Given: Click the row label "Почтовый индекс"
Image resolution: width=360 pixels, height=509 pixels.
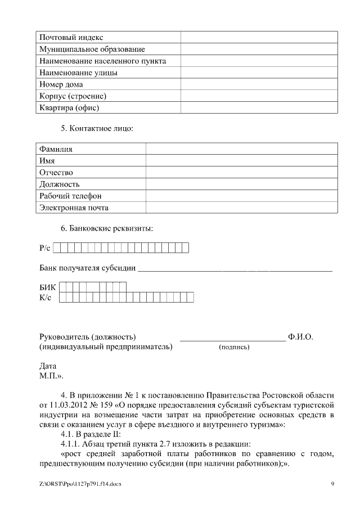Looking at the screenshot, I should [x=71, y=38].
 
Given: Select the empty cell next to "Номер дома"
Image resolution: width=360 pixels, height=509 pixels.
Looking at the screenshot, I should [x=259, y=84].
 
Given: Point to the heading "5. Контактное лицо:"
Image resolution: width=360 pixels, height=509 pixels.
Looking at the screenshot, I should [x=97, y=129].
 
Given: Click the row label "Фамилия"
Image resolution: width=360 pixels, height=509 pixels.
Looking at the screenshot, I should [x=56, y=149].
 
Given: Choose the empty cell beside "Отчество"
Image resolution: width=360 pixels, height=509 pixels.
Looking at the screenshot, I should [x=242, y=173].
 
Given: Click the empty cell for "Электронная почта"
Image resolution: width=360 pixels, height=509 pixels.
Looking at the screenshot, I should [x=242, y=208].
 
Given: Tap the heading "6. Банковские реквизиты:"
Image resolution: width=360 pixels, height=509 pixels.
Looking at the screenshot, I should [x=107, y=228].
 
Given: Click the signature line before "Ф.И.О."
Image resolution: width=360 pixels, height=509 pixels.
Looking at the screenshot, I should [x=232, y=337].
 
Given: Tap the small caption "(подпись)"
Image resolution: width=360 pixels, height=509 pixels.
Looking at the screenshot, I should [x=234, y=348].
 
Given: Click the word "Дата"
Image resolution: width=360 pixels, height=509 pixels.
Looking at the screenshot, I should [x=48, y=366].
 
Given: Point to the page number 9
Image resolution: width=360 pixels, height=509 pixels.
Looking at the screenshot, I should [x=332, y=484].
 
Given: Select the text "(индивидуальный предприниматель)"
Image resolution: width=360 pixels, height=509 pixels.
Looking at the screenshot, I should [x=106, y=347].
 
